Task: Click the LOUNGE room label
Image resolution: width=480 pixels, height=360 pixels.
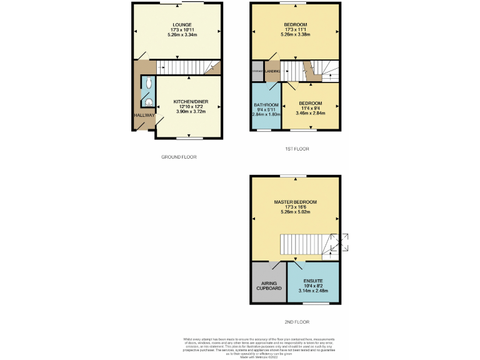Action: click(178, 24)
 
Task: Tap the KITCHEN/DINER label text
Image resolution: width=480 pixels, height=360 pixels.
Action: click(191, 101)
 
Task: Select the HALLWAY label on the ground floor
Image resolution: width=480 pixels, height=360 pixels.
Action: click(143, 116)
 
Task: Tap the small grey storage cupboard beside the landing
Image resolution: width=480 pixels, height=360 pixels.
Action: click(257, 71)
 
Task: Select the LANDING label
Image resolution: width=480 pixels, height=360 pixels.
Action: click(272, 71)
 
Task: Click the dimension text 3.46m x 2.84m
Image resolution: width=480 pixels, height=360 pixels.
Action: click(310, 113)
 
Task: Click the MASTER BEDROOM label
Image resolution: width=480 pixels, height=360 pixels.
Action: click(295, 202)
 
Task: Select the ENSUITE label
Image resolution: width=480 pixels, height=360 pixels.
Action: click(313, 281)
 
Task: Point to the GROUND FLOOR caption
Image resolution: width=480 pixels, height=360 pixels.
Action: click(178, 157)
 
